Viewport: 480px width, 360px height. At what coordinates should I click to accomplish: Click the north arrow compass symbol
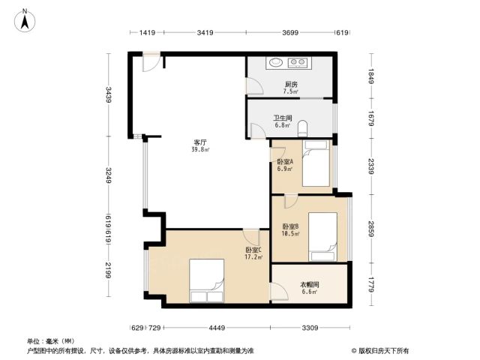25,20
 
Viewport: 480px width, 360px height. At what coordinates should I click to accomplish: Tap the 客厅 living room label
200,142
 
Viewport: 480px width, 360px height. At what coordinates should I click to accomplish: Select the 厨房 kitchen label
291,84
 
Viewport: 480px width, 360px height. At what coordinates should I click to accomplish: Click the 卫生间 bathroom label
283,118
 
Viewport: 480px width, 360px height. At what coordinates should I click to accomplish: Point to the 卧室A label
285,162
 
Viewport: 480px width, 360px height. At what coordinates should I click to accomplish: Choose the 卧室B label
290,226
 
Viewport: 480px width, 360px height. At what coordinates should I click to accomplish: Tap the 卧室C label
253,250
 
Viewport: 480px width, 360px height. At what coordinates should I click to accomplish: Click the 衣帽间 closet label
310,285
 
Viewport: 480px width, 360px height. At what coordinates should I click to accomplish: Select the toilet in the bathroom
302,128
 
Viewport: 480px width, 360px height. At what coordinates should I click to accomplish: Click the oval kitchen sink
275,62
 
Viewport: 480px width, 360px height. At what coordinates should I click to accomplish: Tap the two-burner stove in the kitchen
298,62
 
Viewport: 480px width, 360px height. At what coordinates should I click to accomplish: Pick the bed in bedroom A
316,163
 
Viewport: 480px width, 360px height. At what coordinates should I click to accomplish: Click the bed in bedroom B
322,237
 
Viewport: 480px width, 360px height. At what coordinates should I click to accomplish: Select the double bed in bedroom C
207,281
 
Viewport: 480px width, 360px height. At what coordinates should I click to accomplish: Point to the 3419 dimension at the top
205,32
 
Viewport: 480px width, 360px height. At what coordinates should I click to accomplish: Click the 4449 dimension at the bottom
217,328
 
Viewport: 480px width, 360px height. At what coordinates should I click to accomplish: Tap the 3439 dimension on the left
109,94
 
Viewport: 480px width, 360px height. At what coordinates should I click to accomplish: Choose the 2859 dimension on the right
371,229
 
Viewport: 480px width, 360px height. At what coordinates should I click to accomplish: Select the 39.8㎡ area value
200,150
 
